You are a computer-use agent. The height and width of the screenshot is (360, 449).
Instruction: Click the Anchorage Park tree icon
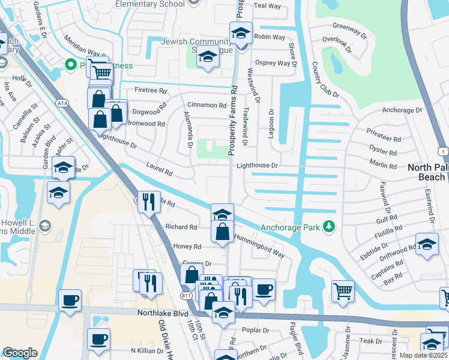[x=328, y=226]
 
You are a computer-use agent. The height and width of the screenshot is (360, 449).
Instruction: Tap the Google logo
[x=20, y=353]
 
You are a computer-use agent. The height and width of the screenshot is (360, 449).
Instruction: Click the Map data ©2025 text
[x=424, y=355]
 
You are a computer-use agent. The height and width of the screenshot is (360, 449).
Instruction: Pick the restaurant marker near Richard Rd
[x=148, y=201]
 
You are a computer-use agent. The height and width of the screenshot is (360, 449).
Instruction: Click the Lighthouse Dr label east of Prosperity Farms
[x=257, y=165]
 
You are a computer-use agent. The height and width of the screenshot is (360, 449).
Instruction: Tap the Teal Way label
[x=267, y=6]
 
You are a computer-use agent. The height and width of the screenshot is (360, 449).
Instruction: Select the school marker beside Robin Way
[x=241, y=32]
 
